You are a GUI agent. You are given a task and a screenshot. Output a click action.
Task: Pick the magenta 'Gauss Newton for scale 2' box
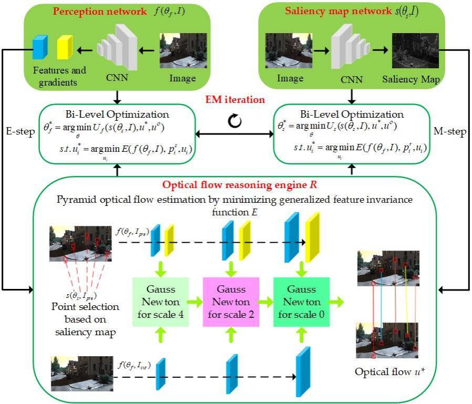click(231, 301)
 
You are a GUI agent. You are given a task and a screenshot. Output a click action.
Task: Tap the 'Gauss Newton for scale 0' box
click(301, 301)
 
